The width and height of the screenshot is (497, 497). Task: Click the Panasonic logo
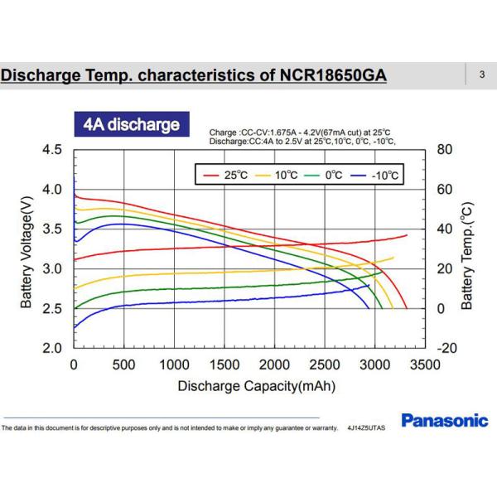pyautogui.click(x=445, y=421)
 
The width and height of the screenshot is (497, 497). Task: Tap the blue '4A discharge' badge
pyautogui.click(x=132, y=125)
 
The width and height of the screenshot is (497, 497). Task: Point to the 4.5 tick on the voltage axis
pyautogui.click(x=51, y=150)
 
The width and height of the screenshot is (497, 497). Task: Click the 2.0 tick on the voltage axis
pyautogui.click(x=51, y=349)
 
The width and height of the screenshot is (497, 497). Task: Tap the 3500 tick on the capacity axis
pyautogui.click(x=424, y=364)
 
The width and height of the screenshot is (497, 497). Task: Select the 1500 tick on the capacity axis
pyautogui.click(x=224, y=364)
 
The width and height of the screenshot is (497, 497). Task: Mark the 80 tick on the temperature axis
pyautogui.click(x=444, y=150)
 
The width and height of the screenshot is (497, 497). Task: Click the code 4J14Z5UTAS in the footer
pyautogui.click(x=368, y=428)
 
